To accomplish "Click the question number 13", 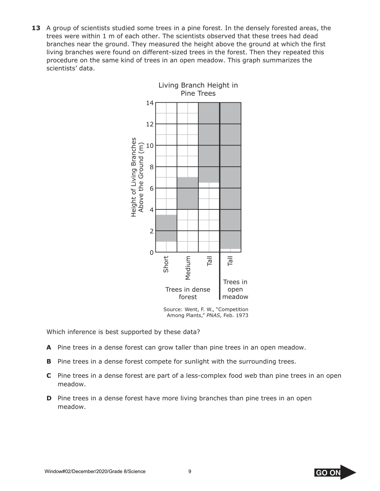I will point(36,28).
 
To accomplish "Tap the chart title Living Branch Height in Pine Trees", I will point(198,89).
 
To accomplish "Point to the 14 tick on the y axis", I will point(150,103).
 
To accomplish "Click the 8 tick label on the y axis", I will point(151,167).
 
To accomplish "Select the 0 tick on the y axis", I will point(151,252).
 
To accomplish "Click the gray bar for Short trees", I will point(166,228).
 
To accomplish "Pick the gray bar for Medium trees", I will point(187,193).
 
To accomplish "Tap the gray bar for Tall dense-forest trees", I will point(209,142).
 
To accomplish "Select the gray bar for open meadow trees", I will point(231,175).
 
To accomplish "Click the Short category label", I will point(166,264).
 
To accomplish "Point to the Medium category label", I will point(188,268).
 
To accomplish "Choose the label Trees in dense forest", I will point(188,293).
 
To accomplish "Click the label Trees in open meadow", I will point(235,289).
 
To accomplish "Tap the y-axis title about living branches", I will point(137,177).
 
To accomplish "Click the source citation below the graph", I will point(206,312).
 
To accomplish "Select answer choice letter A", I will point(49,348).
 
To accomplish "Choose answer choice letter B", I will point(49,361).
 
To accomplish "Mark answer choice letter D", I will point(49,398).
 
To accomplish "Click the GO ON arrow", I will point(335,472).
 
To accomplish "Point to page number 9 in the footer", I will point(190,472).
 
